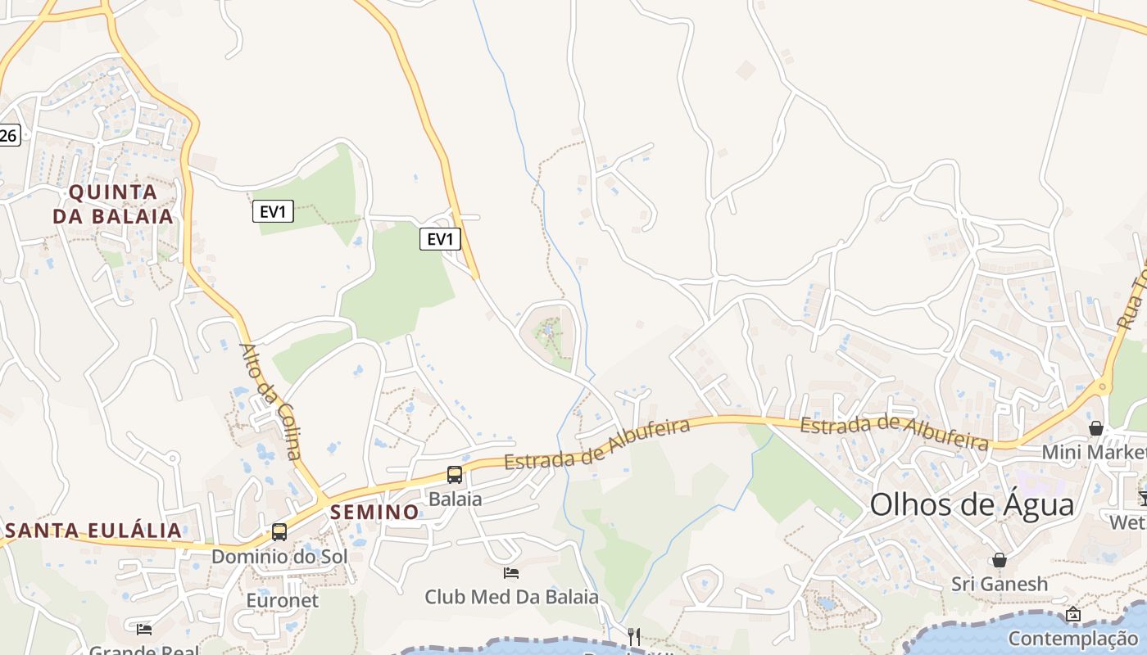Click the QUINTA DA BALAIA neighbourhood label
pyautogui.click(x=113, y=205)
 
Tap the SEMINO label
pyautogui.click(x=374, y=513)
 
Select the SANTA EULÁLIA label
pyautogui.click(x=92, y=531)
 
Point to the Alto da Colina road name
pyautogui.click(x=271, y=401)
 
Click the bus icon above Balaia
pyautogui.click(x=454, y=475)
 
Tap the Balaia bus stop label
pyautogui.click(x=455, y=499)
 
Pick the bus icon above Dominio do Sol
pyautogui.click(x=279, y=532)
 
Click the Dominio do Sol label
pyautogui.click(x=279, y=557)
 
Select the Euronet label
pyautogui.click(x=282, y=600)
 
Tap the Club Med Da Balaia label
pyautogui.click(x=511, y=597)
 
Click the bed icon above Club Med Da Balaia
pyautogui.click(x=511, y=573)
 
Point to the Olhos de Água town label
pyautogui.click(x=972, y=504)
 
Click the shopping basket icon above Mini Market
pyautogui.click(x=1096, y=428)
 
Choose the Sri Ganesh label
pyautogui.click(x=1000, y=584)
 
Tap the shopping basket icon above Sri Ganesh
pyautogui.click(x=1000, y=560)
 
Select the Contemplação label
pyautogui.click(x=1073, y=639)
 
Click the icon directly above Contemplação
pyautogui.click(x=1073, y=614)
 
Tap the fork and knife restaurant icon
pyautogui.click(x=633, y=636)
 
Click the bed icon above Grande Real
pyautogui.click(x=144, y=629)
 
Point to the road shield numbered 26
pyautogui.click(x=8, y=136)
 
